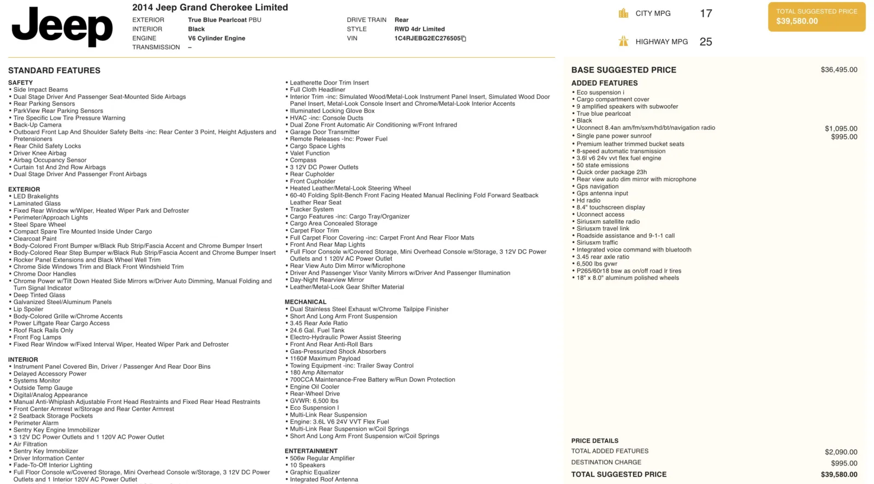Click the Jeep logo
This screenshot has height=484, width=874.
coord(62,26)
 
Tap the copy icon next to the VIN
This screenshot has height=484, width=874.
coord(464,39)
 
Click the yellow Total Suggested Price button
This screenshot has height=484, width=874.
coord(816,17)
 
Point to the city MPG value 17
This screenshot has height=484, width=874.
coord(706,14)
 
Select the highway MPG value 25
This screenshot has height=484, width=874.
coord(706,42)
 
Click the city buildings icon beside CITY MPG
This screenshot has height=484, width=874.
coord(623,14)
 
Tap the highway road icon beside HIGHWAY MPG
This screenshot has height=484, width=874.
coord(623,41)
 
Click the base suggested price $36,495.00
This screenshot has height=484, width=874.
coord(838,70)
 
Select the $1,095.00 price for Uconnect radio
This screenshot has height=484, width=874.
coord(841,129)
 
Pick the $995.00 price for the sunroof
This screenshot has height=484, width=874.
coord(844,137)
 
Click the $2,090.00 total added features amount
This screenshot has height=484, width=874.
coord(841,452)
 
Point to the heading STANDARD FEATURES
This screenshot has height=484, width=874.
coord(54,70)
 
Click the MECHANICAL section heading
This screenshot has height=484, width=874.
coord(305,302)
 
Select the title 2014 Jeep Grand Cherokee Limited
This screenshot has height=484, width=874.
coord(210,8)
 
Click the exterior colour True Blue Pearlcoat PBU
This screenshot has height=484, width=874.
coord(225,20)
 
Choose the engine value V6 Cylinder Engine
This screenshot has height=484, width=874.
coord(216,38)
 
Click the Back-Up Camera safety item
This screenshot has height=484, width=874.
coord(37,125)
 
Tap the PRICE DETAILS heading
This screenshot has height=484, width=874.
coord(595,441)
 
